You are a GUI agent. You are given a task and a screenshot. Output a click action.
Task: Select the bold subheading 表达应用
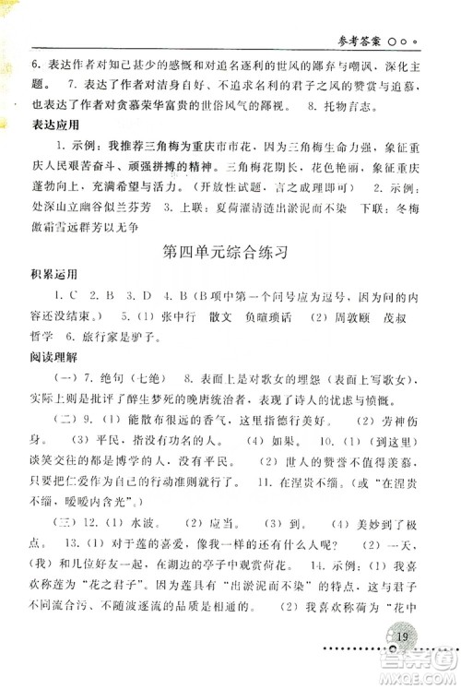click(x=54, y=123)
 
